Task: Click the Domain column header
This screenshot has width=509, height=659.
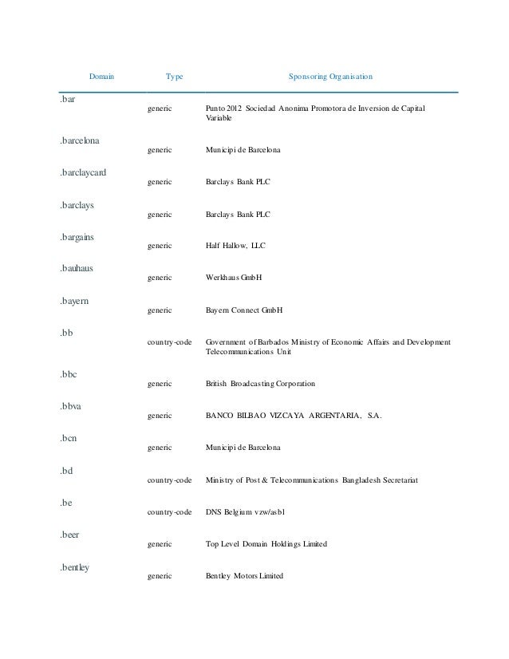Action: click(x=101, y=77)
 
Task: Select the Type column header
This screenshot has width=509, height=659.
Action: click(x=174, y=77)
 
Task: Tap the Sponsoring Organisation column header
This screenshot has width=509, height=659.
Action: click(x=330, y=77)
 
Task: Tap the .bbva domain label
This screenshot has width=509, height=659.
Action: click(x=71, y=406)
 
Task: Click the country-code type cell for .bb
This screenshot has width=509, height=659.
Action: click(x=170, y=341)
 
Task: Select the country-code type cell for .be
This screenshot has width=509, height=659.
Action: click(x=170, y=512)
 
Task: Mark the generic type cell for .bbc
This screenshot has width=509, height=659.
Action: click(x=160, y=384)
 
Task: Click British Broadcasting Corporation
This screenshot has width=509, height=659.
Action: click(x=259, y=384)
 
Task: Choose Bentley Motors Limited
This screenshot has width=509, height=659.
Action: click(x=243, y=576)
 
